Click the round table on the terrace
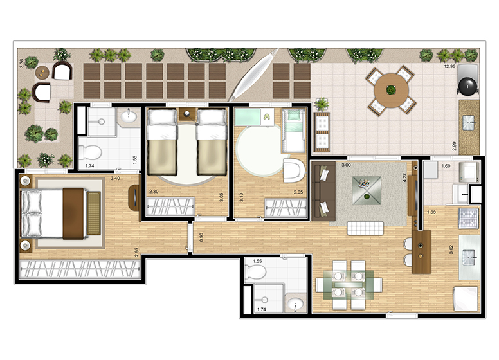pos(391,90)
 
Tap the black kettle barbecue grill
pos(468,85)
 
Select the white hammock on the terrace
pos(253,75)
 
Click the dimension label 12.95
pos(449,67)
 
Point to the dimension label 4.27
pos(404,177)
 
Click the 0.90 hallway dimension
pos(201,237)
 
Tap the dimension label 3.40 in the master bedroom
pos(115,179)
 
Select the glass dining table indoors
pos(349,285)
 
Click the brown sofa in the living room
pos(323,191)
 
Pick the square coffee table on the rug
pos(367,190)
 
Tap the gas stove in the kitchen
pos(468,218)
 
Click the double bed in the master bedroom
pos(53,213)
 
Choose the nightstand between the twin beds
pos(187,114)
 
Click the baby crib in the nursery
pos(293,131)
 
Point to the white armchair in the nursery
pos(293,170)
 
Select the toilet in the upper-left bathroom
pos(90,152)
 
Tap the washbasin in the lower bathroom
pos(296,305)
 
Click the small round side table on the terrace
pos(42,72)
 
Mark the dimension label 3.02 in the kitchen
pos(451,249)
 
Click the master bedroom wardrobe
pos(80,269)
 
